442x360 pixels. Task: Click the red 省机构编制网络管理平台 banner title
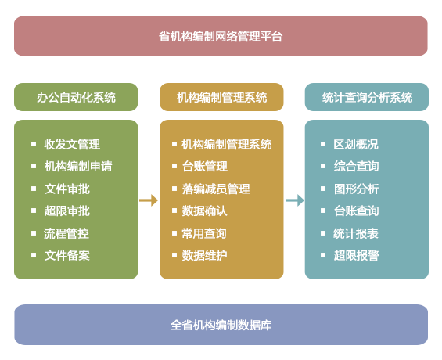[221, 36]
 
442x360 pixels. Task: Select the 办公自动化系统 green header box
[76, 97]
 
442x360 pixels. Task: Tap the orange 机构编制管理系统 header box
[221, 97]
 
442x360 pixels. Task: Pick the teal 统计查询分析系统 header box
[367, 97]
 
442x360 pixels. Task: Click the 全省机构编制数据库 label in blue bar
[221, 325]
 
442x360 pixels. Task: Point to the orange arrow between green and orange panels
[149, 200]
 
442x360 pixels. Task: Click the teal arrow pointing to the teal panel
[295, 200]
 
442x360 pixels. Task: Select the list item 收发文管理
[72, 144]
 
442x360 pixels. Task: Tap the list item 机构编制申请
[78, 167]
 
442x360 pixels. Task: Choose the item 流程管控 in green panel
[66, 233]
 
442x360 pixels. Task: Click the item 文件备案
[67, 255]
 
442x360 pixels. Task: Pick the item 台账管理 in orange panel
[205, 167]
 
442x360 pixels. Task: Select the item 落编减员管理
[216, 189]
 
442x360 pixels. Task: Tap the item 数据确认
[205, 211]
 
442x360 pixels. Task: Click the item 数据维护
[205, 255]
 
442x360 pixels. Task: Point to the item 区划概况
[356, 144]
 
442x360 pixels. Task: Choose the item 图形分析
[356, 189]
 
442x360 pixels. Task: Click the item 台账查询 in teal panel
[356, 211]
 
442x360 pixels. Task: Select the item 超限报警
[356, 255]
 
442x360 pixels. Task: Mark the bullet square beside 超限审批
[34, 211]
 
